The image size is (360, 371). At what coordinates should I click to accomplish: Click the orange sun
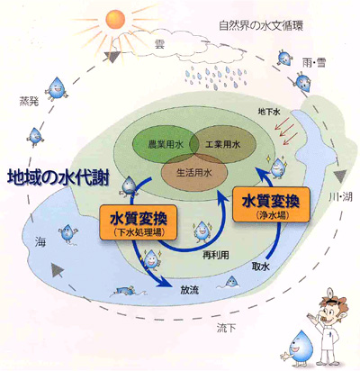(115, 20)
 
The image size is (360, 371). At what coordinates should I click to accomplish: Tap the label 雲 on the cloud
(159, 45)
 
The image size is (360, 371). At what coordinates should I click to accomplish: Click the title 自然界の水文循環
(261, 25)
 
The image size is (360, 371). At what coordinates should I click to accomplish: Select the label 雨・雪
(313, 63)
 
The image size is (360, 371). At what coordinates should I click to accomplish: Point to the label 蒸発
(29, 101)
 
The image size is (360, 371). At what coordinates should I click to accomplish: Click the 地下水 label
(269, 112)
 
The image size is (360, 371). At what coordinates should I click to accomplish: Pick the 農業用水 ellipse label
(166, 145)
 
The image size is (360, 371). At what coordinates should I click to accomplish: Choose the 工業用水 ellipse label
(223, 145)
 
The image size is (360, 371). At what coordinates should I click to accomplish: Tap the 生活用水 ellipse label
(194, 173)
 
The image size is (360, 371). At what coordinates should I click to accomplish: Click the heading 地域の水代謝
(58, 178)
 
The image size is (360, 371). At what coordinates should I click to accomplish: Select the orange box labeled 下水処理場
(139, 222)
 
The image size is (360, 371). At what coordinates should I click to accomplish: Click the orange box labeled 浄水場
(271, 204)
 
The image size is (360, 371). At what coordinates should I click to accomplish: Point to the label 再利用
(216, 255)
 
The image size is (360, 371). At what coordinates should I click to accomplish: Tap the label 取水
(260, 267)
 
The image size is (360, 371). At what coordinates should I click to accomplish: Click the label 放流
(189, 290)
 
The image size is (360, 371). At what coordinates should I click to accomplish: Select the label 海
(40, 241)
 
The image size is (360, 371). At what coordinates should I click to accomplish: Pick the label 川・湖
(340, 197)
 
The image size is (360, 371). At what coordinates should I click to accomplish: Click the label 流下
(226, 328)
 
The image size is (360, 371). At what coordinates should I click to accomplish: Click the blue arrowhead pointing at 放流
(164, 283)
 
